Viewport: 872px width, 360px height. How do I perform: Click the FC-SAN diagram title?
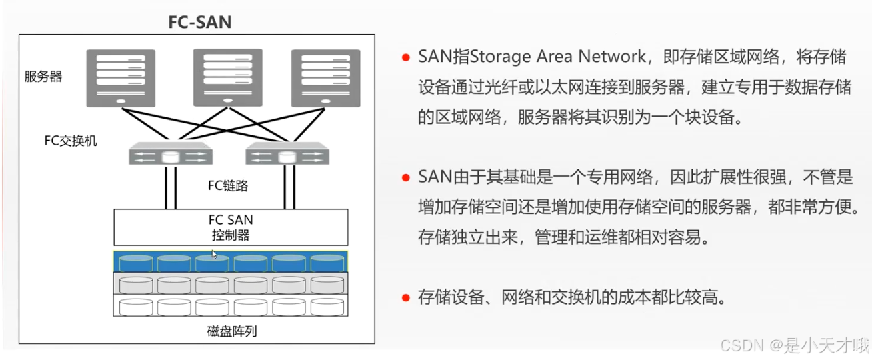200,21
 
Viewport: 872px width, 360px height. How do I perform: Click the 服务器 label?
43,77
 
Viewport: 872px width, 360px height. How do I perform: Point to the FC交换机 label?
71,141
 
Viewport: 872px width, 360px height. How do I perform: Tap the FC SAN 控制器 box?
231,227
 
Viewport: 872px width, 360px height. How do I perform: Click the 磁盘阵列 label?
230,331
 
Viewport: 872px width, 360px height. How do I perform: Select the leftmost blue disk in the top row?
135,262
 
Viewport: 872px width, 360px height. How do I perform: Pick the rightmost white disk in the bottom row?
327,306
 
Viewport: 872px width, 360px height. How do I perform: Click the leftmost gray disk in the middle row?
135,284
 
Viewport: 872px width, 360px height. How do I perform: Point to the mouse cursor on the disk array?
214,253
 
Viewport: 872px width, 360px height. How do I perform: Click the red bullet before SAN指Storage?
405,57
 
